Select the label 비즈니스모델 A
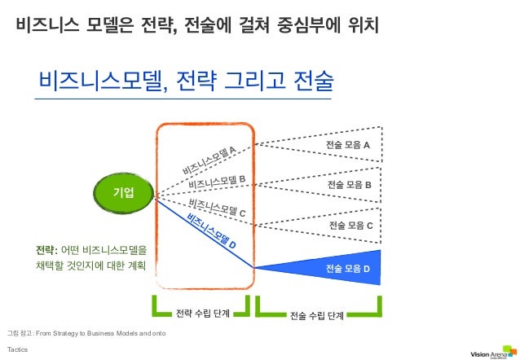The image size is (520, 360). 209,160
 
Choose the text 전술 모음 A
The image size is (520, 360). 347,144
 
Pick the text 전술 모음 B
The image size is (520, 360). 349,185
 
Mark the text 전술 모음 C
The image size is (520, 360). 350,225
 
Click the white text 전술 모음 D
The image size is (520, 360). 347,268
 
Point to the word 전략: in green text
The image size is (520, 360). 46,249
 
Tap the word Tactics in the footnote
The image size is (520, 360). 16,349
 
